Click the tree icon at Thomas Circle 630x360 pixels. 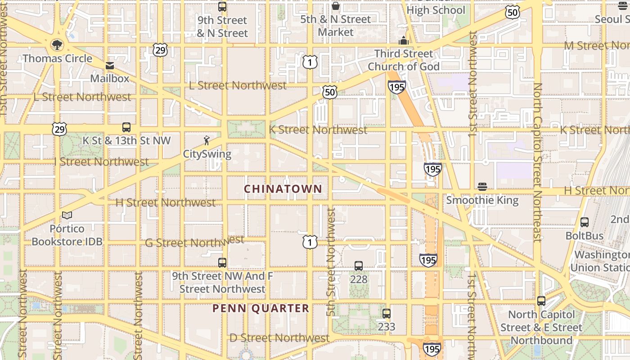click(57, 44)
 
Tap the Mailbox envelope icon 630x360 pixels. click(110, 66)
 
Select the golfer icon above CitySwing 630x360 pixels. click(207, 140)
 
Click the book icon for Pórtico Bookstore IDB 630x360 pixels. click(67, 216)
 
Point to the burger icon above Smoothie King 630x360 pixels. click(482, 187)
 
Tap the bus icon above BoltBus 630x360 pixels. click(585, 222)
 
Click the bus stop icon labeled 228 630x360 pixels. click(359, 266)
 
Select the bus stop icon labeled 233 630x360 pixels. click(387, 314)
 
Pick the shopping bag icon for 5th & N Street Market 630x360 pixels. click(335, 6)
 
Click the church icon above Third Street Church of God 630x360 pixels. click(404, 40)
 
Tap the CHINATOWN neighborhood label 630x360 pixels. click(283, 189)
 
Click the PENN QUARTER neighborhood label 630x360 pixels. click(261, 308)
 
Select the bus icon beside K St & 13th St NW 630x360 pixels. click(126, 127)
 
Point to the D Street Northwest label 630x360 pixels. click(279, 337)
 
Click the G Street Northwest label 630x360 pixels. click(194, 242)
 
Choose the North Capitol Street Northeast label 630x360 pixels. click(537, 162)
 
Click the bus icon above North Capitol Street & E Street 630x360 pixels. click(541, 301)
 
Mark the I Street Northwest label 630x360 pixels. click(101, 161)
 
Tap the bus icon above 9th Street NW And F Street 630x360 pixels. click(222, 263)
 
